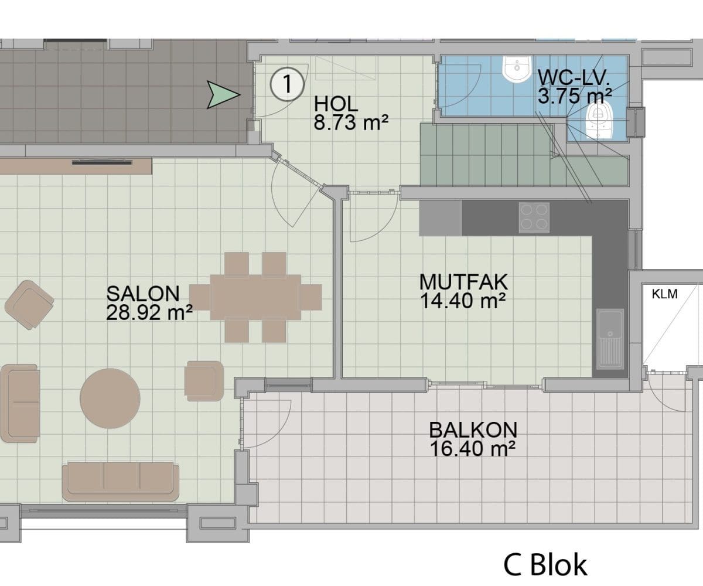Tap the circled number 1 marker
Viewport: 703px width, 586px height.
(x=287, y=84)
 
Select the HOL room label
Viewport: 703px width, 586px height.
(x=336, y=104)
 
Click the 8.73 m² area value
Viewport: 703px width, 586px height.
(x=351, y=122)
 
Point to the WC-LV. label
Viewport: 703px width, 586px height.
(x=574, y=77)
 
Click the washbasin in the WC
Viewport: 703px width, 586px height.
(x=517, y=69)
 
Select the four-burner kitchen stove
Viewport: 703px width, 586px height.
(x=534, y=217)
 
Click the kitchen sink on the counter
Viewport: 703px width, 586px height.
(x=610, y=339)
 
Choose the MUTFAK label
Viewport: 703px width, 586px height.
(x=463, y=282)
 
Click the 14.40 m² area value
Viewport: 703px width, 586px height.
(x=463, y=301)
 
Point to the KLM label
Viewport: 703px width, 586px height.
(x=664, y=294)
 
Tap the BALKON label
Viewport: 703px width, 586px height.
(x=473, y=430)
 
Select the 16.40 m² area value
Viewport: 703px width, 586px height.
(x=473, y=449)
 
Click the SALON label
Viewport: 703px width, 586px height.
(x=143, y=294)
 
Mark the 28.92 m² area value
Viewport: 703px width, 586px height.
(x=149, y=312)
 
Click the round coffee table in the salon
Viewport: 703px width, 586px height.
(x=110, y=398)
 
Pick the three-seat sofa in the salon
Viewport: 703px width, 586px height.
(x=121, y=482)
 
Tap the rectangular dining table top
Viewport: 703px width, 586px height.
(x=255, y=297)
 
